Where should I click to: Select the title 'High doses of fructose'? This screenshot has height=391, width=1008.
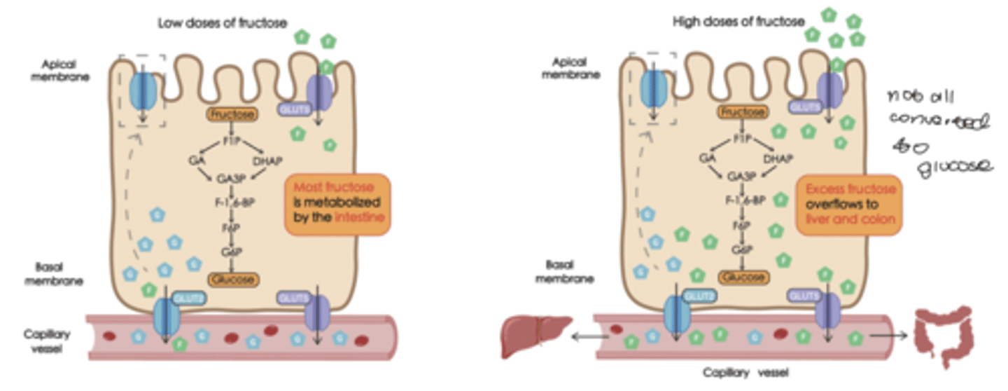tap(738, 22)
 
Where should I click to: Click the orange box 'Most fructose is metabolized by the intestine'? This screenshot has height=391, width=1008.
tap(337, 204)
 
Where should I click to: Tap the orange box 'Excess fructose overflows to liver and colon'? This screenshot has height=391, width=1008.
tap(850, 204)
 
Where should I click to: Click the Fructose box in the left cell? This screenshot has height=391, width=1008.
tap(232, 114)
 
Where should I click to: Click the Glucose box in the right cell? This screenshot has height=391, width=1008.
tap(743, 277)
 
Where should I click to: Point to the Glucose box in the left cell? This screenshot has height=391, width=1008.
tap(233, 279)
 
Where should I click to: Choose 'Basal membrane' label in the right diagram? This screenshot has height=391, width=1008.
tap(565, 272)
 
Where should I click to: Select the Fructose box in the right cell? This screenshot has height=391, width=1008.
tap(742, 112)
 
